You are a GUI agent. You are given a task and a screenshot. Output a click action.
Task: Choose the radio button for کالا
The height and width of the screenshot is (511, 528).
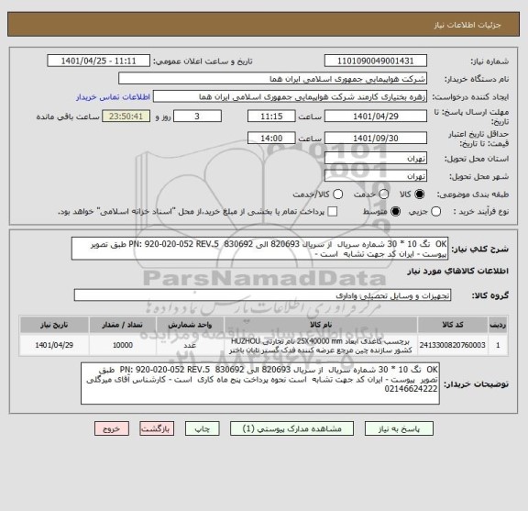click(421, 195)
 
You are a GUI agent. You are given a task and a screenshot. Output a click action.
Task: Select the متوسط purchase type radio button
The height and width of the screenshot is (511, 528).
click(370, 212)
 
